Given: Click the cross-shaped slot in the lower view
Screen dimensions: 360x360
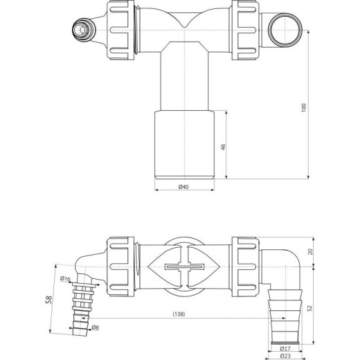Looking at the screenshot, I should coord(185,267).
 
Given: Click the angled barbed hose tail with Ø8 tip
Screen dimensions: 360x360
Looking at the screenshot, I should coord(83,303).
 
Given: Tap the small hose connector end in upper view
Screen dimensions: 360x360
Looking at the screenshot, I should coord(80,29).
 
